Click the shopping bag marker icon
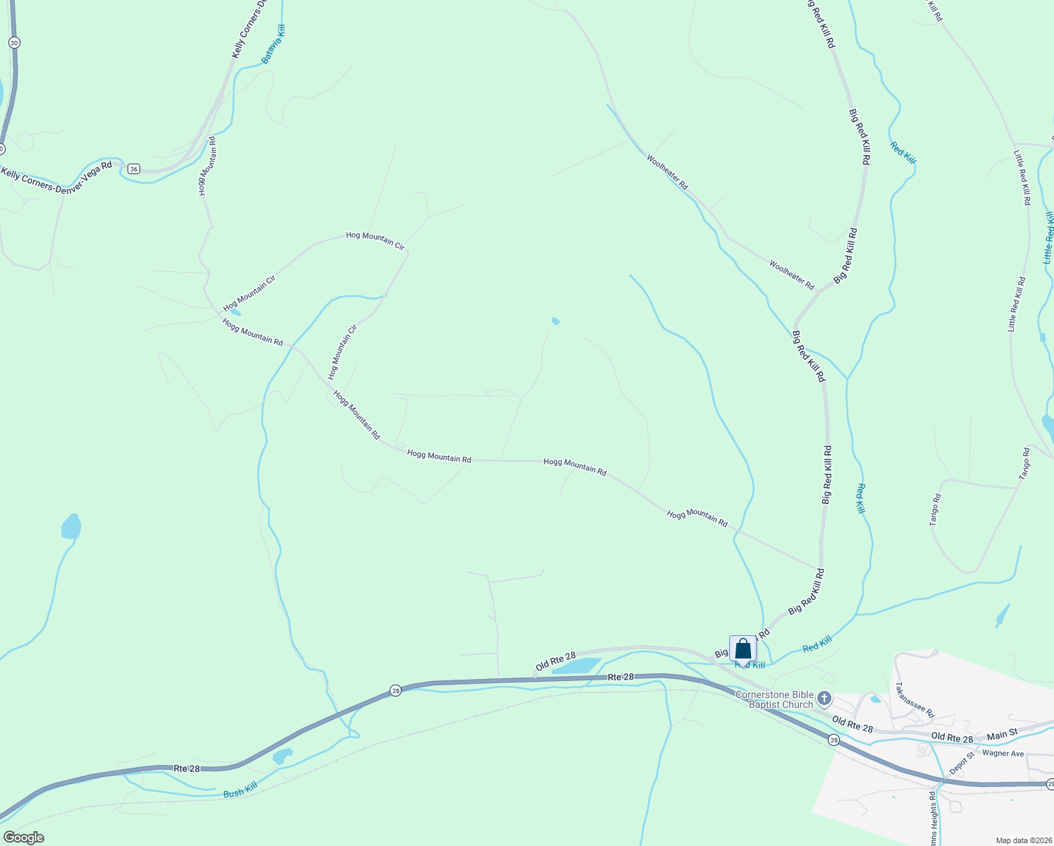coord(743,648)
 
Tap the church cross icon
coord(824,699)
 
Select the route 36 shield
coord(134,168)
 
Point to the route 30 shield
coord(14,43)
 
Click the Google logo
coord(23,838)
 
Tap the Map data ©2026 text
coord(1022,840)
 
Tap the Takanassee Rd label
coord(914,699)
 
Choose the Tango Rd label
coord(1026,464)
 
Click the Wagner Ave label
coord(1003,754)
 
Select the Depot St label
coord(962,764)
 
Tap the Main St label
coord(1002,735)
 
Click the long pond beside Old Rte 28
coord(576,666)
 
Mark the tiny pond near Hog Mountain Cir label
coord(235,312)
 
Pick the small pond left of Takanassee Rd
coord(875,699)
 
